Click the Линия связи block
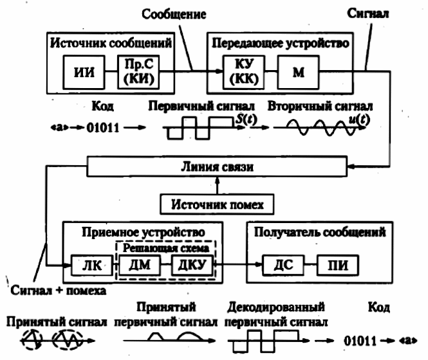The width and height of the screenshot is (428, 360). pos(215,166)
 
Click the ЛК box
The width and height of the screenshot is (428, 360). pos(84,265)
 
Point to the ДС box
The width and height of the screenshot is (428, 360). pos(281,265)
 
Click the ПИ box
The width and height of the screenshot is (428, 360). pos(338,265)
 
